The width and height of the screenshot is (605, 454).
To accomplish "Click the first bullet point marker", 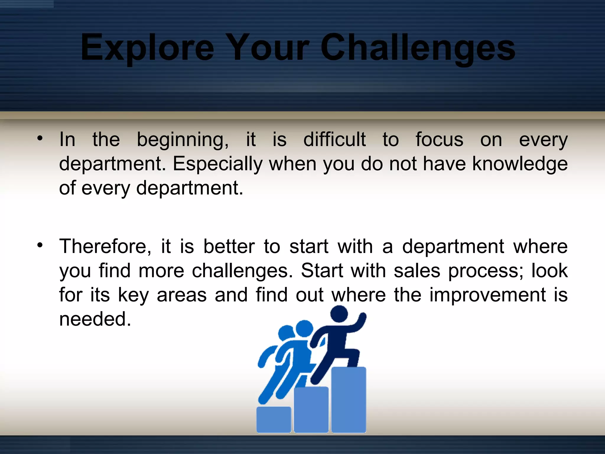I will point(40,138).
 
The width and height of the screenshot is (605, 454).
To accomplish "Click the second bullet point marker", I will point(40,245).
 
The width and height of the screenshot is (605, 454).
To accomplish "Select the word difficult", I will point(334,140).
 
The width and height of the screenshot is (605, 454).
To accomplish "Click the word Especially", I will point(217,164).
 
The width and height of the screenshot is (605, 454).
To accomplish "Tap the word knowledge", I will point(520,164).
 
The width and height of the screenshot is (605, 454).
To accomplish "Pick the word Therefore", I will point(105,247).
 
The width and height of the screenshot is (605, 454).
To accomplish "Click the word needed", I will point(95,319).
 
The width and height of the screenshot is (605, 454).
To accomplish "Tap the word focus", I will point(439,140).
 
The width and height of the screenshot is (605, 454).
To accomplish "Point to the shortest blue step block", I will point(274,419).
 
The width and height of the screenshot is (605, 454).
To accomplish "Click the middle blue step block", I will point(311,409).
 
